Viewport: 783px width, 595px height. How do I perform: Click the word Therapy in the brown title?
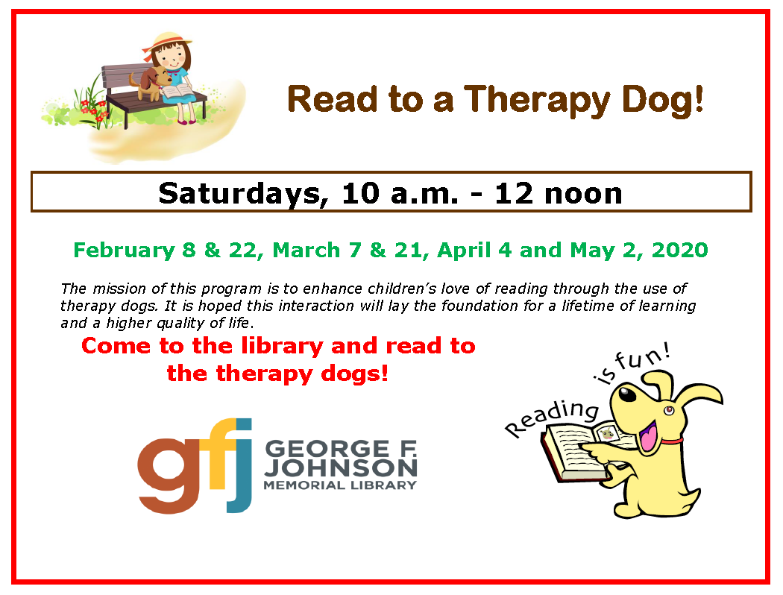[537, 101]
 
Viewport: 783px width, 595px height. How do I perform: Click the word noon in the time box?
[583, 194]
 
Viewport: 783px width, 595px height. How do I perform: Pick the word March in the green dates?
[306, 250]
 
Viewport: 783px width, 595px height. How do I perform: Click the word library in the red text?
[282, 347]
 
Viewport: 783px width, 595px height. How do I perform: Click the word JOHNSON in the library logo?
[341, 467]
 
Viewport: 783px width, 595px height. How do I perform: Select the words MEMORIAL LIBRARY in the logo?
[340, 485]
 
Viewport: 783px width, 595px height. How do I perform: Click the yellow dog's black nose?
[626, 394]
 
